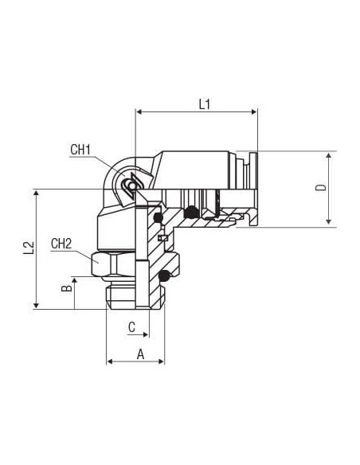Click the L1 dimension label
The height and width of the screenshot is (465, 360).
point(205,104)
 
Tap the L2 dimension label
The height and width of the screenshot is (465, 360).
point(29,248)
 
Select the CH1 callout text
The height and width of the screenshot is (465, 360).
point(80,150)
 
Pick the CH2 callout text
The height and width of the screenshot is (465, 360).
point(61,244)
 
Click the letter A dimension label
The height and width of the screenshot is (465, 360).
point(140,354)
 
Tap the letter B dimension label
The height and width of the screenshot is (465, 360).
point(67,288)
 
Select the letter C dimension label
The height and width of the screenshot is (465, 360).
point(131,326)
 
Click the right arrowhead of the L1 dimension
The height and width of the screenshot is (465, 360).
point(254,111)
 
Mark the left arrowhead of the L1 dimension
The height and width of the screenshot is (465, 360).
point(139,111)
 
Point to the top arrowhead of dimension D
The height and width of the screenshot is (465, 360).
point(329,156)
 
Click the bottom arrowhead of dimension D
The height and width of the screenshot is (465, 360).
point(329,221)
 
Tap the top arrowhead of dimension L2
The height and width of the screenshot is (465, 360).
point(37,193)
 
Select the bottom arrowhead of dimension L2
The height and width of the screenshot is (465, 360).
point(37,305)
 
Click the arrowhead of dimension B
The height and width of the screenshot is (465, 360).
point(74,281)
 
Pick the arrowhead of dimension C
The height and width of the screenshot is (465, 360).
point(145,334)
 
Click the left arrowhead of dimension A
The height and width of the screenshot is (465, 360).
point(110,361)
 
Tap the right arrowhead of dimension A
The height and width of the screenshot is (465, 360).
point(161,361)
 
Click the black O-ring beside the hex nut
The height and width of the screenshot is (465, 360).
point(164,276)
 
